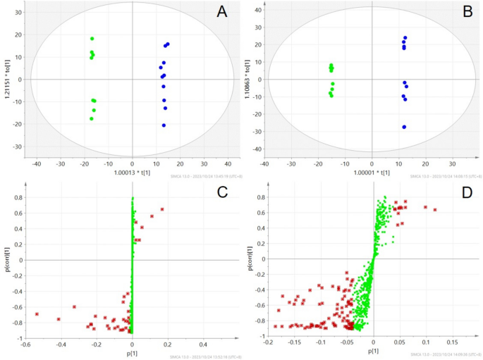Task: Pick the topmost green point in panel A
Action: tap(92, 39)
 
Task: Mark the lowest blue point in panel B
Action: tap(404, 127)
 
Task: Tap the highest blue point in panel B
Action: tap(405, 38)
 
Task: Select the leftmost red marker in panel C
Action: tap(37, 314)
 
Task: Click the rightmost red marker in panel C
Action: tap(162, 209)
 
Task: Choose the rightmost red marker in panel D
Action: tap(435, 210)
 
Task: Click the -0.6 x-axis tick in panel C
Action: tap(25, 344)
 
